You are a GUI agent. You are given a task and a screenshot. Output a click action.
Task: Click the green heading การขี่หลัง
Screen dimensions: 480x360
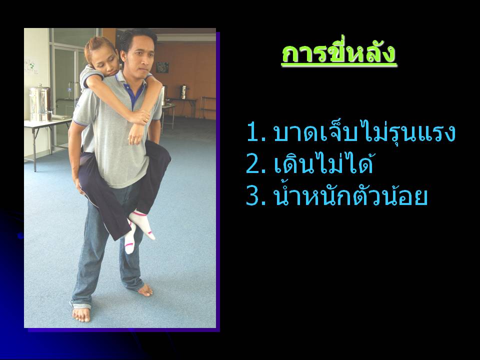339,53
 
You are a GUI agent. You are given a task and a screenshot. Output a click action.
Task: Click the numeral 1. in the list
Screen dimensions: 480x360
256,132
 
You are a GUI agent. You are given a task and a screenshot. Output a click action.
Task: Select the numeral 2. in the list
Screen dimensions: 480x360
256,164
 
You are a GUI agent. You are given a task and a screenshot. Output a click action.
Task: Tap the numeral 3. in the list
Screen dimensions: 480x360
256,196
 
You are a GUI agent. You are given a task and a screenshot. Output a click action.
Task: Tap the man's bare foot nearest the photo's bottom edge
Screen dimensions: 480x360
81,314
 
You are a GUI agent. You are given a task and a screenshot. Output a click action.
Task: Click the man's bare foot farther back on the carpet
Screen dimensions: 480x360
145,290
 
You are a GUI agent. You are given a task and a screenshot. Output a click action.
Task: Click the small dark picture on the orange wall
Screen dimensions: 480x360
162,67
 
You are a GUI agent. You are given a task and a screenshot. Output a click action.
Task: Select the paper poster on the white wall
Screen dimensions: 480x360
31,66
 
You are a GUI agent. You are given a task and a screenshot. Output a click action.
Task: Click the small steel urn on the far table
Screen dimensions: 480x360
183,92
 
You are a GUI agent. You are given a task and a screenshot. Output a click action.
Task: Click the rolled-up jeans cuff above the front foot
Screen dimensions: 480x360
81,304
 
